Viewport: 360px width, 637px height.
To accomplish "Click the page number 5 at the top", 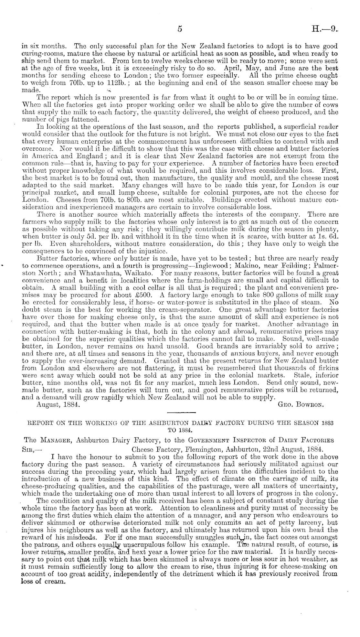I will pos(180,29).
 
